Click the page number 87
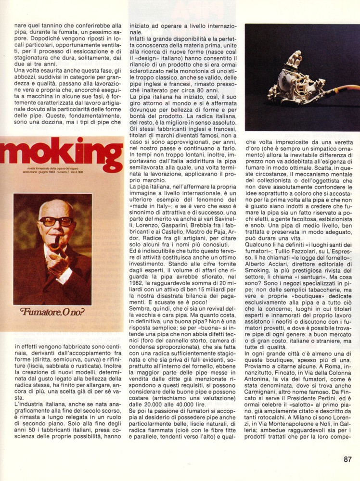[347, 459]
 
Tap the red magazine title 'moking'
[62, 156]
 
